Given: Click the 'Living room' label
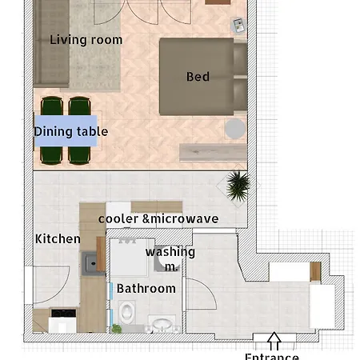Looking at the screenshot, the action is click(x=86, y=40).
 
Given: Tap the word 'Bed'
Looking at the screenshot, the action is click(x=198, y=77).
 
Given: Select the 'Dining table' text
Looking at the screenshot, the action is click(x=71, y=132).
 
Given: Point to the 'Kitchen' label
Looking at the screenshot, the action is click(x=58, y=239).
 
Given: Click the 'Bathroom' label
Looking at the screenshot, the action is click(x=146, y=289).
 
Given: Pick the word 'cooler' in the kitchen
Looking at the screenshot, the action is click(x=118, y=219).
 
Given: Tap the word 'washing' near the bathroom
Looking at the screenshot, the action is click(x=170, y=252).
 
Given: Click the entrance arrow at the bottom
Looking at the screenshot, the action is click(x=274, y=341).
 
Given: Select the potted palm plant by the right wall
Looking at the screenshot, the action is click(x=238, y=186).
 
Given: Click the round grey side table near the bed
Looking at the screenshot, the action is click(x=234, y=129).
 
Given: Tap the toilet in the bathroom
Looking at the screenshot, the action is click(x=127, y=310).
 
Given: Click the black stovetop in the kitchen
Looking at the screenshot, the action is click(x=63, y=313).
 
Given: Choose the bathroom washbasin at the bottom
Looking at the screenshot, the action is click(x=162, y=324).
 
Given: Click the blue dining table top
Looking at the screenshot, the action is click(x=66, y=130).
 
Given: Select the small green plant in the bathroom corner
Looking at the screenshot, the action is click(x=116, y=329).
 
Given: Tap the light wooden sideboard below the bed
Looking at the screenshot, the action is click(x=213, y=152).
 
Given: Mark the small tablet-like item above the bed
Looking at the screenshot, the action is click(x=238, y=26).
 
